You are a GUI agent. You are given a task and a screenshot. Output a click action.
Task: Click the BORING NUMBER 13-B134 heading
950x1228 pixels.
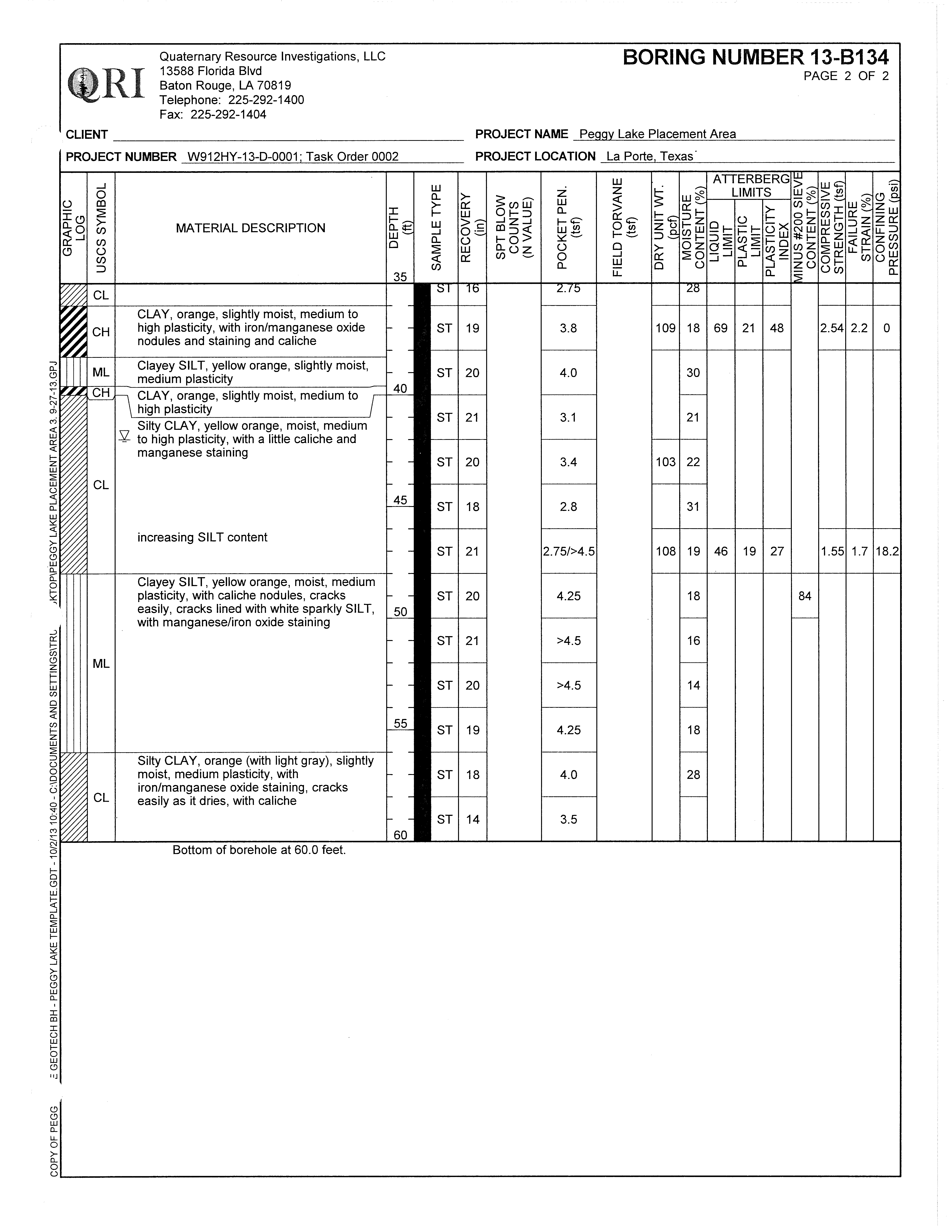(755, 57)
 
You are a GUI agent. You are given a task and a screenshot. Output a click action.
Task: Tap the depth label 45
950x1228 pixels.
(400, 500)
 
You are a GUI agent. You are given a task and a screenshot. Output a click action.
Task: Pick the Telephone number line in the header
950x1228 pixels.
(232, 100)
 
